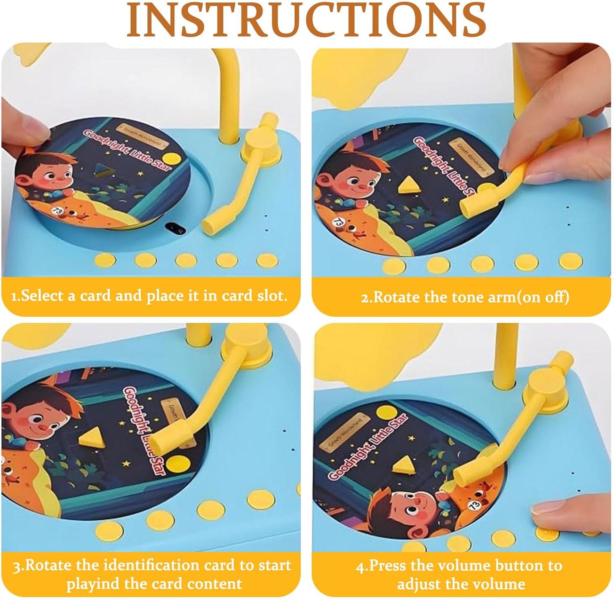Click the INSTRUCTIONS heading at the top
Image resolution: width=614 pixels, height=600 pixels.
coord(306,20)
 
